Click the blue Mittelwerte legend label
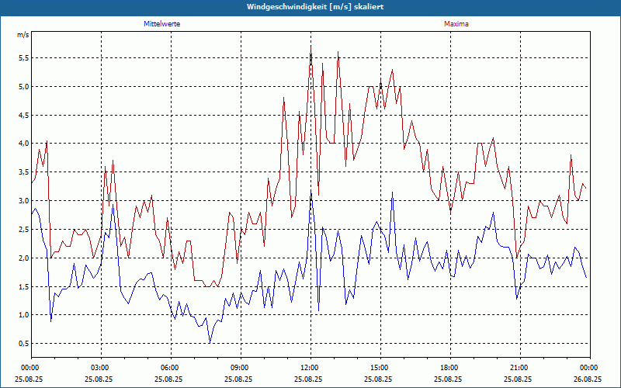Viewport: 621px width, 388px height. pos(161,24)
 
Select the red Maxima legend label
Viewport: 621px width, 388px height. pos(456,24)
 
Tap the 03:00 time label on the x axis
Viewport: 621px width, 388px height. pos(100,368)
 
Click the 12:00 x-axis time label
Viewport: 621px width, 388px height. pos(310,368)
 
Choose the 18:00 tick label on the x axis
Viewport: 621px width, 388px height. pos(449,368)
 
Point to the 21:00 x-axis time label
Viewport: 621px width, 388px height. pos(519,368)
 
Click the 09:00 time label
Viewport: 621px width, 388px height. pos(240,368)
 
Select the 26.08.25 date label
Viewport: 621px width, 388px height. pos(589,379)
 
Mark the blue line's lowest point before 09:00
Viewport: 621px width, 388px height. pos(210,343)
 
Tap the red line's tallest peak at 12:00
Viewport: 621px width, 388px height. pos(311,47)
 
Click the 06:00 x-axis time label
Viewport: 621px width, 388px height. pos(170,368)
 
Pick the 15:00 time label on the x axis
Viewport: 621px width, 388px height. pos(380,368)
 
